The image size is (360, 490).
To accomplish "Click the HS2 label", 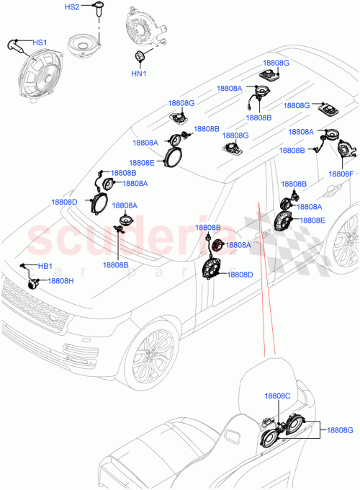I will pyautogui.click(x=73, y=7).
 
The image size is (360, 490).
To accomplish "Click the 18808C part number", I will pyautogui.click(x=276, y=396).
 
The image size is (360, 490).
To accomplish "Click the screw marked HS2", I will pyautogui.click(x=95, y=11).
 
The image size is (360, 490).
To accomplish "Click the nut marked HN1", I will pyautogui.click(x=139, y=55).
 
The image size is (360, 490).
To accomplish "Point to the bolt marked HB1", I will pyautogui.click(x=25, y=269).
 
